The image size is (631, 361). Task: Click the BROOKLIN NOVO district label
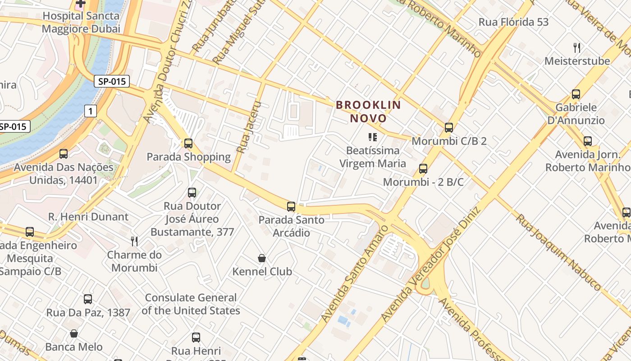pos(368,111)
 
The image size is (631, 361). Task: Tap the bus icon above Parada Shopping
pos(188,143)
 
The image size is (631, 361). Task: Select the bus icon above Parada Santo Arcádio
pos(291,207)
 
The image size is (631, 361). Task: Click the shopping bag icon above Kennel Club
pos(262,258)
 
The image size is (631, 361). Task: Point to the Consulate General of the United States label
pos(191,304)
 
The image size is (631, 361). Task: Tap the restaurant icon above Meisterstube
pos(576,47)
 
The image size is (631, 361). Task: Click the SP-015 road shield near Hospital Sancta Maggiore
pos(112,81)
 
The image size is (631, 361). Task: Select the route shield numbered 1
pos(91,111)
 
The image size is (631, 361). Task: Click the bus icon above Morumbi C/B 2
pos(449,127)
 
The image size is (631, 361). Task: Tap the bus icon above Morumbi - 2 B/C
pos(423,169)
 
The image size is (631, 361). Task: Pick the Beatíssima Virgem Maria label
pos(373,157)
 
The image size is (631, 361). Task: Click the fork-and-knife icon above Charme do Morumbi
pos(134,241)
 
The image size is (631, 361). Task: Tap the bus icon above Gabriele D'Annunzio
pos(576,94)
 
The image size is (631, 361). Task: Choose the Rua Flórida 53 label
pos(513,22)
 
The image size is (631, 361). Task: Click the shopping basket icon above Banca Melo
pos(74,333)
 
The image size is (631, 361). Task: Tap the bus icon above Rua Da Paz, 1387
pos(88,299)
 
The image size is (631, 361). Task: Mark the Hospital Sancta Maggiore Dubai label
pos(81,22)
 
